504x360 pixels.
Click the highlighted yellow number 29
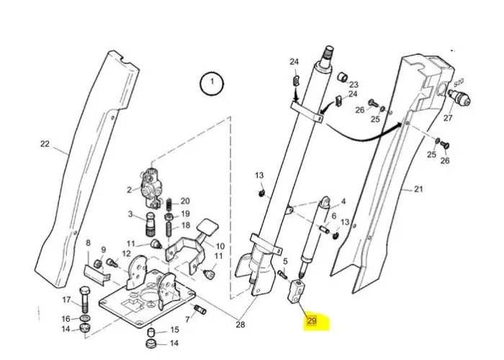pos(312,321)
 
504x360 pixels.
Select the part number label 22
pos(45,144)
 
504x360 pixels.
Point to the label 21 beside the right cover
pos(419,189)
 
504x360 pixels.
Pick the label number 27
pos(448,117)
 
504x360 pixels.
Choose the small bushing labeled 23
pos(344,76)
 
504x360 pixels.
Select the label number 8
pos(88,243)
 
